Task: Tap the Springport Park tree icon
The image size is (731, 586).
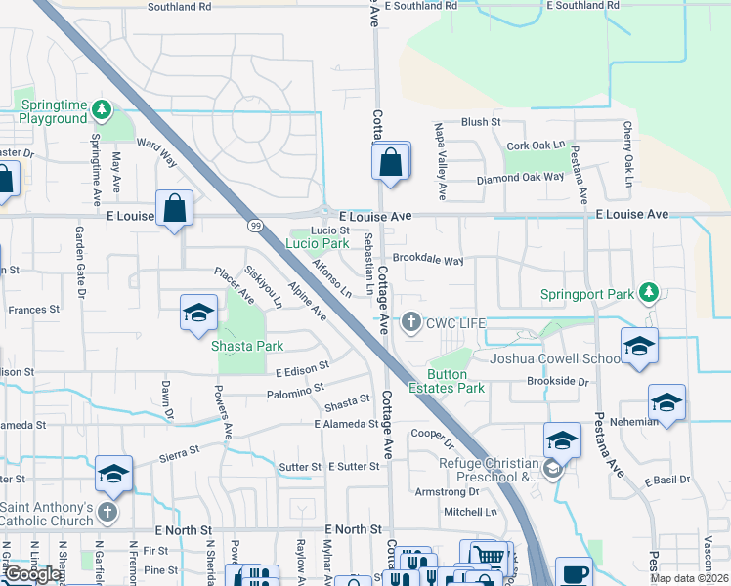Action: pyautogui.click(x=647, y=292)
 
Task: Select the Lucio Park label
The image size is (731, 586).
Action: pyautogui.click(x=317, y=243)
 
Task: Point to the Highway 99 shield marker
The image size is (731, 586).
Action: pyautogui.click(x=255, y=226)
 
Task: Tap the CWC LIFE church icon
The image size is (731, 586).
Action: pyautogui.click(x=412, y=321)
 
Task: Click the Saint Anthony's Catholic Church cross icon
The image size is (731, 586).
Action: pyautogui.click(x=108, y=512)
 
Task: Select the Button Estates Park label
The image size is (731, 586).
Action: pyautogui.click(x=455, y=381)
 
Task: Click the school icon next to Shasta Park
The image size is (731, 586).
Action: pyautogui.click(x=197, y=314)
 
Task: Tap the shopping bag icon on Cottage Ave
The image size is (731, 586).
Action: pyautogui.click(x=390, y=161)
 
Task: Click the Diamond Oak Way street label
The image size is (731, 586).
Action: pyautogui.click(x=520, y=179)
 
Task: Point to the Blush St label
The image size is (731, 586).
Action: pyautogui.click(x=480, y=122)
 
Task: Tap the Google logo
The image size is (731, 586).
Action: pyautogui.click(x=32, y=574)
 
